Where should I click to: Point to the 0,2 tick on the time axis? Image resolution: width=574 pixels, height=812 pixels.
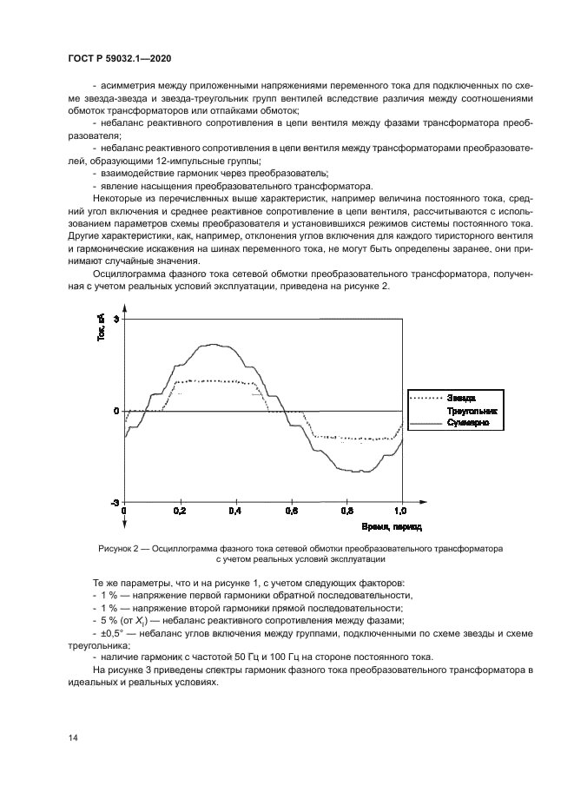[x=180, y=512]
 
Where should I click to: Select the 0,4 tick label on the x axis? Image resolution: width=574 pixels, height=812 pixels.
[x=235, y=512]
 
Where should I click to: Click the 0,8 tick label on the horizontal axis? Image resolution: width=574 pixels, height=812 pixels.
[x=346, y=512]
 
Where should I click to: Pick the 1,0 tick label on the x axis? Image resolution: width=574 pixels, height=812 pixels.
[x=401, y=512]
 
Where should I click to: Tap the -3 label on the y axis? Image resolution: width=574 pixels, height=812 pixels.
[x=115, y=503]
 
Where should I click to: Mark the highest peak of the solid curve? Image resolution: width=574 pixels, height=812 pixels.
[x=211, y=344]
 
